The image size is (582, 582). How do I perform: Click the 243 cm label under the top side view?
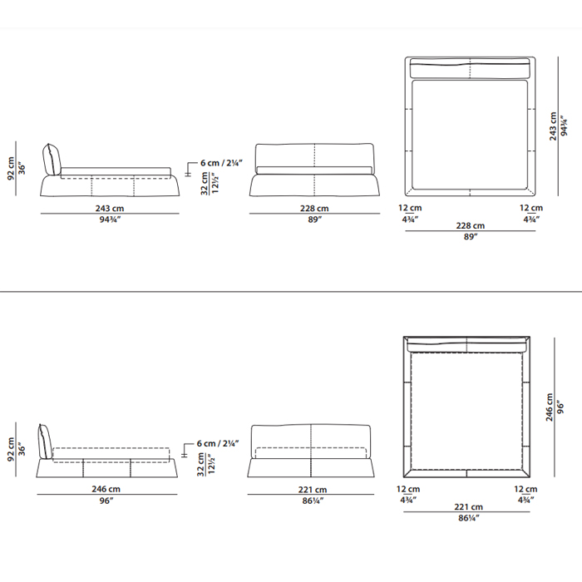[x=110, y=208]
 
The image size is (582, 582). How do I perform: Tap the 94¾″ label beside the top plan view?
[x=564, y=126]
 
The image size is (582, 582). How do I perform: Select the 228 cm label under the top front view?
[x=314, y=208]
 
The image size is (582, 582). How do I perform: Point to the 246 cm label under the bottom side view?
[x=106, y=489]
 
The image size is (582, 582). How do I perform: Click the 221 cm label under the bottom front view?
[x=313, y=490]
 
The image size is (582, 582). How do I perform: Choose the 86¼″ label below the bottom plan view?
[x=469, y=518]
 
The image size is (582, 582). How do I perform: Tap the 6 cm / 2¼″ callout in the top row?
[x=221, y=163]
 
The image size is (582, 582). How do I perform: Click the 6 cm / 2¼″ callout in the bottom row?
[x=218, y=443]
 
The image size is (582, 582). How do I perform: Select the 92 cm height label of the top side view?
[x=11, y=169]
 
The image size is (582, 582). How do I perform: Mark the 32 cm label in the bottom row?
[x=201, y=464]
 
